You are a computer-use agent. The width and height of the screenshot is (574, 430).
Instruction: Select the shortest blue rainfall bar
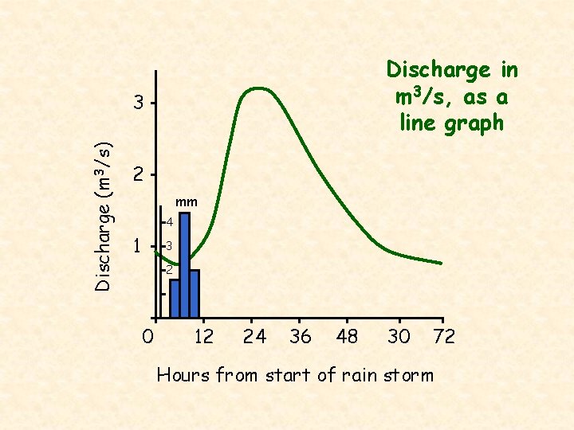coord(175,299)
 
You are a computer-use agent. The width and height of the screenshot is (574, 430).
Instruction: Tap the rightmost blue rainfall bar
coord(195,293)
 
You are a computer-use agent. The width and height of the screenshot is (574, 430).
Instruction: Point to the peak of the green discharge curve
coord(257,88)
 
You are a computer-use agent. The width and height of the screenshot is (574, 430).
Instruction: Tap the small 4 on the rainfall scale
coord(170,221)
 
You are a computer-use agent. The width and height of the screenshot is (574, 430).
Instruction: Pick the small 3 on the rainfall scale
coord(170,246)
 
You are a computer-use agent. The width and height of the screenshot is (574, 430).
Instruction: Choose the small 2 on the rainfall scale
coord(170,270)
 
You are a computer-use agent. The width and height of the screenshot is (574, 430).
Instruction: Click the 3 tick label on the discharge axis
coord(139,104)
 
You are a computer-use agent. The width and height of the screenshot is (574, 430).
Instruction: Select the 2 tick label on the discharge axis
coord(139,174)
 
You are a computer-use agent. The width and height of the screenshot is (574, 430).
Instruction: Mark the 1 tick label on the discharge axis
coord(139,246)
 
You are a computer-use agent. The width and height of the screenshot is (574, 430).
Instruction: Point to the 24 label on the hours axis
coord(254,337)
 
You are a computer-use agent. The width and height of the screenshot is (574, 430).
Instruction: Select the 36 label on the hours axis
coord(301,337)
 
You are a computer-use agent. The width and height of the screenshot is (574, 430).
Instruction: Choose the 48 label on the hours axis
coord(348,337)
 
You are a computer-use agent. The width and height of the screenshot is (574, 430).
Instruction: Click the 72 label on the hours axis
coord(443,337)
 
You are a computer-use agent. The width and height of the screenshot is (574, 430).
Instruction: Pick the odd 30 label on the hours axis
coord(399,337)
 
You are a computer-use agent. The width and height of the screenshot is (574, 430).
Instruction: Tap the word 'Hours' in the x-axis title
coord(181,374)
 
